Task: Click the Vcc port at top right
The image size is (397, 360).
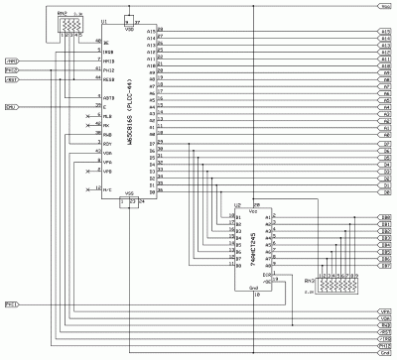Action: pyautogui.click(x=384, y=6)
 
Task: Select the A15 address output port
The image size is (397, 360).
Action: pyautogui.click(x=384, y=32)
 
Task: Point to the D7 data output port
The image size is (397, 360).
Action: pyautogui.click(x=384, y=144)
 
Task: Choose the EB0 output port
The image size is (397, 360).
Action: pyautogui.click(x=384, y=217)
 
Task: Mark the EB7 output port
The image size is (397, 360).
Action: pyautogui.click(x=384, y=266)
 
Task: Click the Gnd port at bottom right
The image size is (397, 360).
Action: pyautogui.click(x=384, y=352)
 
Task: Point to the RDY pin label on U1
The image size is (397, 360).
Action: pyautogui.click(x=107, y=144)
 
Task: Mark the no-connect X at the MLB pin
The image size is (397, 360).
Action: pyautogui.click(x=88, y=117)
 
